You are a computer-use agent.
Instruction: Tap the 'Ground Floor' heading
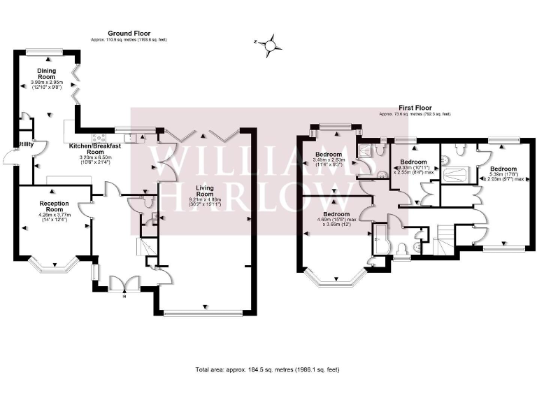[129, 34]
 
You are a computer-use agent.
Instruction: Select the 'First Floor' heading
[415, 108]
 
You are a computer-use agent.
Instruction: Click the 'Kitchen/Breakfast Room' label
[95, 148]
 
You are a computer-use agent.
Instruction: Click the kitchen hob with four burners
[99, 136]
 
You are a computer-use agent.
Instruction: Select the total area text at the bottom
[268, 369]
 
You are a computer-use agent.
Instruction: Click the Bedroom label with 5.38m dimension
[503, 169]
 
